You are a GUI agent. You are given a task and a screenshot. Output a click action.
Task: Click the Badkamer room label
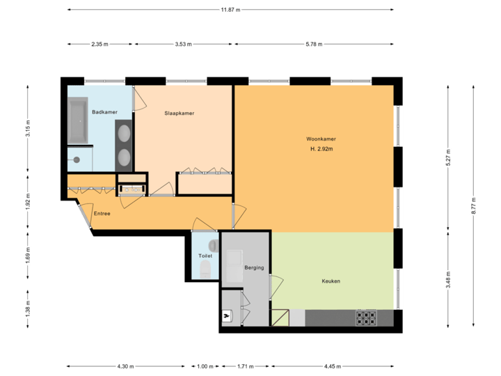104,112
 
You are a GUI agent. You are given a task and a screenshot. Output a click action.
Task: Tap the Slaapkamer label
179,113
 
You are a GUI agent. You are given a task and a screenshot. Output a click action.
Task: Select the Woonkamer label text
320,139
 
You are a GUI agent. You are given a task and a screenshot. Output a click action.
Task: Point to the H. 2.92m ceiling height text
320,150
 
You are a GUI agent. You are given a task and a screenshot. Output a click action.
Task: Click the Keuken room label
331,281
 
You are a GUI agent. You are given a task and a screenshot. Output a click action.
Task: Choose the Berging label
255,267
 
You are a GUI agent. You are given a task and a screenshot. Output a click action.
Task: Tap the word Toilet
205,256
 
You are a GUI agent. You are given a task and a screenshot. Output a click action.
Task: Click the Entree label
102,213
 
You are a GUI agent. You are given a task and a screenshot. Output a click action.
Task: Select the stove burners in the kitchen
366,318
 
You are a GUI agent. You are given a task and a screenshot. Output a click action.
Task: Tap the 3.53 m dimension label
184,45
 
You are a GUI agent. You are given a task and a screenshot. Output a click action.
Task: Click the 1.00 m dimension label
205,366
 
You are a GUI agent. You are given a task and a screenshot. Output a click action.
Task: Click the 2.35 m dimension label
100,45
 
